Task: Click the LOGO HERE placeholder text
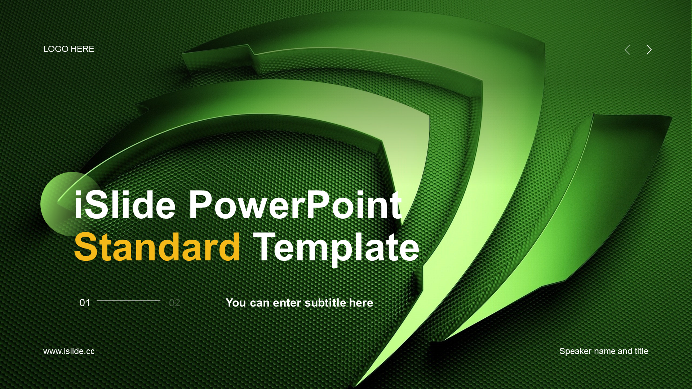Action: [68, 49]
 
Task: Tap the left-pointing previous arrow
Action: [627, 50]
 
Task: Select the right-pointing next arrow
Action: [649, 50]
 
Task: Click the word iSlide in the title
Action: [125, 205]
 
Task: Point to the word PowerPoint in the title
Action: [295, 205]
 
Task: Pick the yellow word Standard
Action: [157, 247]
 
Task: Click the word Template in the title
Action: [336, 249]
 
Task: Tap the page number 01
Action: [85, 303]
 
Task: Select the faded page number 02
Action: [174, 303]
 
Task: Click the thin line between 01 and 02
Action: [128, 301]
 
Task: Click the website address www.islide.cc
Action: [69, 351]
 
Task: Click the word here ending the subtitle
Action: [361, 303]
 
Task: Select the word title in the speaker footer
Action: [641, 351]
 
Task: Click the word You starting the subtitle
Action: [236, 303]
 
